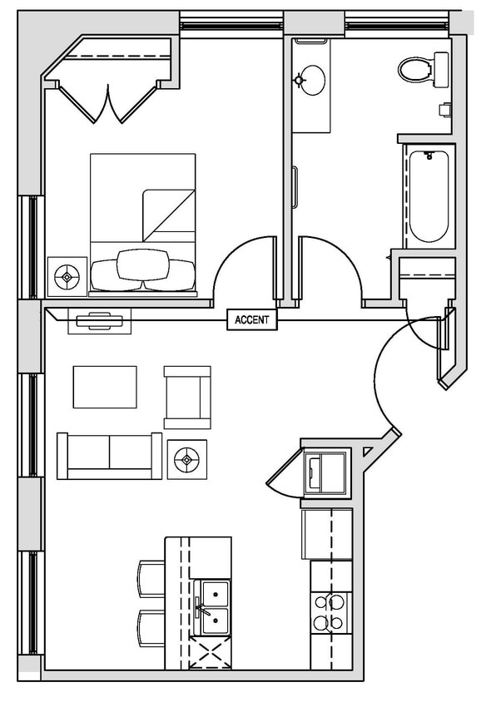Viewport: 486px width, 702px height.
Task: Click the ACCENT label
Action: [252, 319]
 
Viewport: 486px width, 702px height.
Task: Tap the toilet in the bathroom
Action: [420, 68]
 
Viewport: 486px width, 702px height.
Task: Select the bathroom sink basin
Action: [311, 80]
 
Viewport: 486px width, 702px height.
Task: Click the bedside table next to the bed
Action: [67, 274]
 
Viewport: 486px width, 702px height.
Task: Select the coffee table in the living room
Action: [105, 387]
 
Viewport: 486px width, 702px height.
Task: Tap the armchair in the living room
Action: [187, 397]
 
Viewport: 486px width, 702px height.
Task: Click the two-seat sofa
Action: [109, 455]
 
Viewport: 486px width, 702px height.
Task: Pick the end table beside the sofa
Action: [187, 458]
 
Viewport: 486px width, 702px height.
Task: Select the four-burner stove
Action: [330, 614]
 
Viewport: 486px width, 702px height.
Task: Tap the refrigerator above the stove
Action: [327, 534]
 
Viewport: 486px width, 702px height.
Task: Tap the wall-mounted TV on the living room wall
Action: [104, 320]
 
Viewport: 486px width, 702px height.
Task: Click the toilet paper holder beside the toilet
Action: [446, 109]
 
